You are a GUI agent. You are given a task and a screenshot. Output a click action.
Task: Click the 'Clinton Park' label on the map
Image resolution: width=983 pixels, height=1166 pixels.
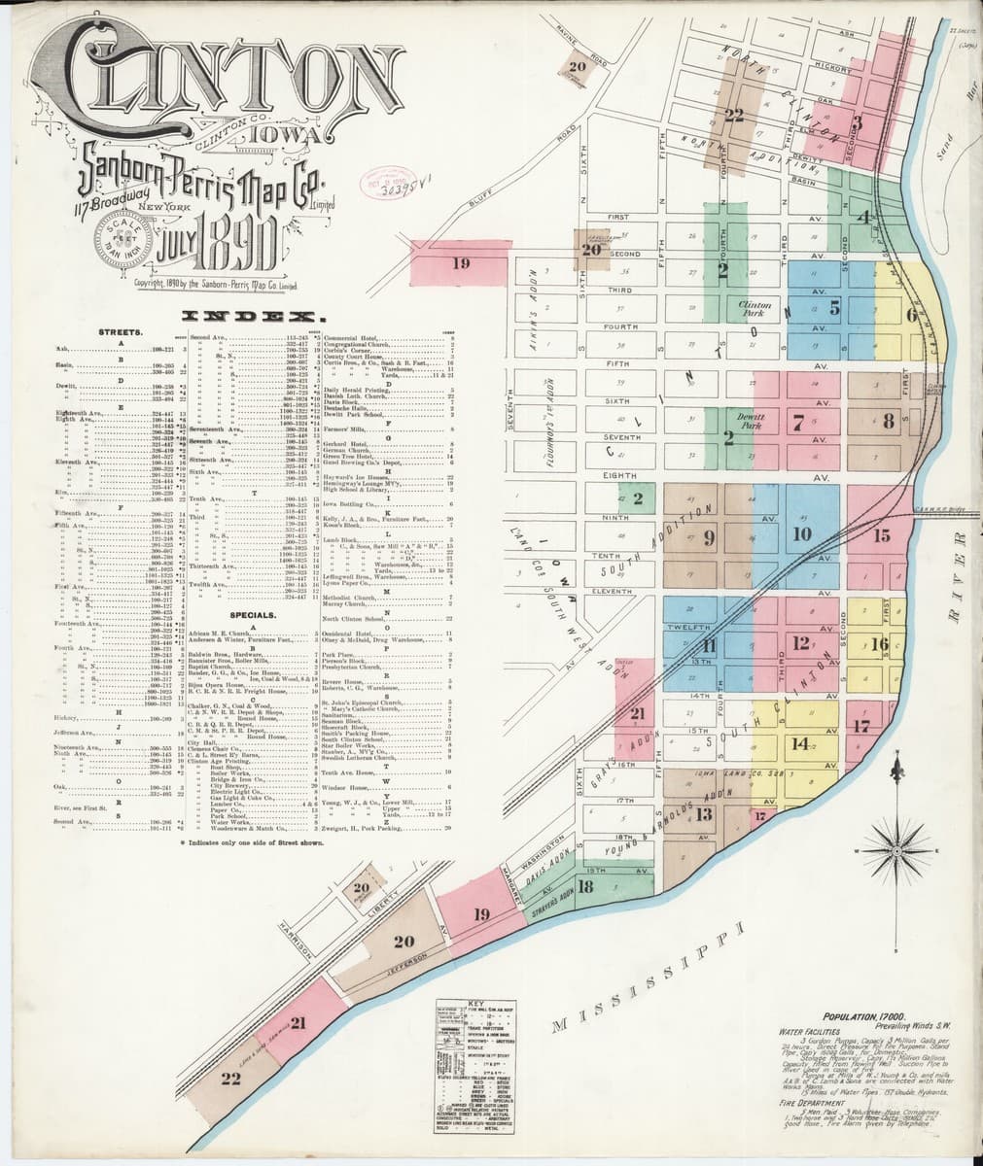point(754,308)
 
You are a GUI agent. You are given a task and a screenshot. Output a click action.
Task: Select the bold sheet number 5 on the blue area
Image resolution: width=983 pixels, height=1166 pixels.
point(834,309)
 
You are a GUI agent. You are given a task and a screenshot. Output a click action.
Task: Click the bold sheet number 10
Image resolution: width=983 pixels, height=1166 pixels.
point(802,533)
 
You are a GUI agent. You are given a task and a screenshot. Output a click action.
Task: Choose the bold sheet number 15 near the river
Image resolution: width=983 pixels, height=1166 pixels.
point(882,535)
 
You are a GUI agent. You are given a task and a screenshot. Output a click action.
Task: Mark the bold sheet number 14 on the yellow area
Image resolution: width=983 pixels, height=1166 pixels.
point(800,744)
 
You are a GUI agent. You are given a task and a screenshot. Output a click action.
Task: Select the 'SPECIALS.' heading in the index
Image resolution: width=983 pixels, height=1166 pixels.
point(255,616)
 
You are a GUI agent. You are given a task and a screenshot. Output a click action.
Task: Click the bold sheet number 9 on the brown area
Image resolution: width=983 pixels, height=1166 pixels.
point(709,536)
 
